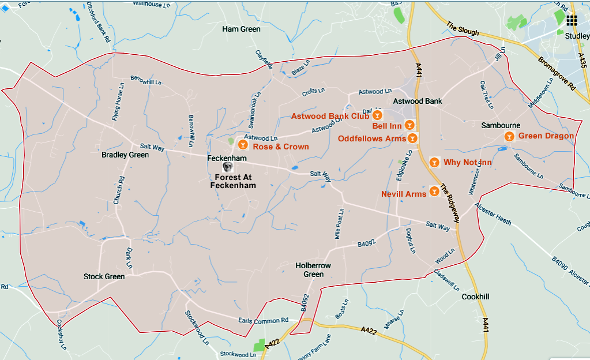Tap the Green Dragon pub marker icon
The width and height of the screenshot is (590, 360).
[509, 137]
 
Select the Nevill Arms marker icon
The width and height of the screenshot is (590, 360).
[434, 191]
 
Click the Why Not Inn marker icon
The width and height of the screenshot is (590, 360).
[434, 162]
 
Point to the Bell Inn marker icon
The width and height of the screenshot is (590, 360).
[409, 124]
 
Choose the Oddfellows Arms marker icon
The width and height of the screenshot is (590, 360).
[412, 138]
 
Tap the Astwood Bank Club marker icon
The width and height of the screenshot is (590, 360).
[378, 116]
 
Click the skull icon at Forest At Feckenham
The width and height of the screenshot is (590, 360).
[228, 167]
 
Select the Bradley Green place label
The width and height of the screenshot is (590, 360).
[125, 155]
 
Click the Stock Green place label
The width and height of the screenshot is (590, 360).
[104, 276]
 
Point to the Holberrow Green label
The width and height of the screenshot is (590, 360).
[313, 269]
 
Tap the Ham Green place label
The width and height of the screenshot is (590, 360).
[241, 29]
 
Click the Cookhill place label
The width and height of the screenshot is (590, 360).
[476, 297]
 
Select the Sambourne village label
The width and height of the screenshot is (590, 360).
[501, 125]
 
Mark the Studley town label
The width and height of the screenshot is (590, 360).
[577, 36]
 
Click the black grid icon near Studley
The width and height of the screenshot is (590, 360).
[572, 21]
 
